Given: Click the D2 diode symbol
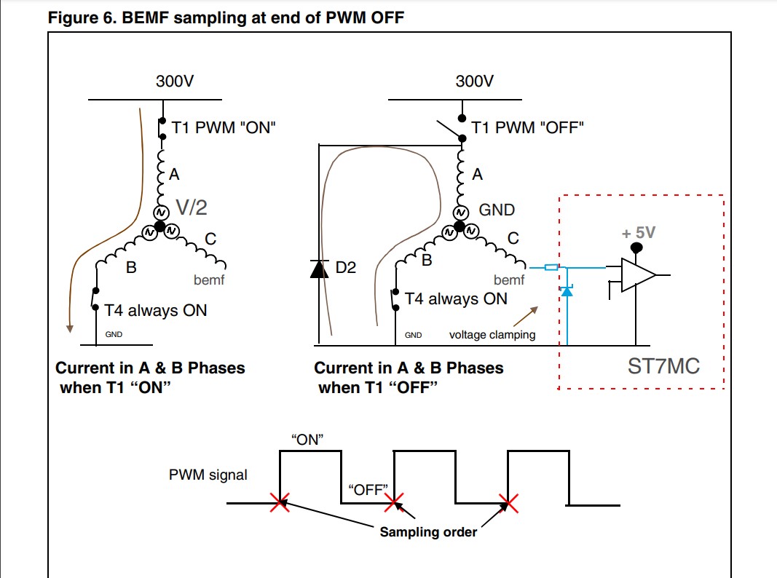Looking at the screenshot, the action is point(319,269).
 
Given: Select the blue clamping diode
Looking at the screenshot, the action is point(567,290).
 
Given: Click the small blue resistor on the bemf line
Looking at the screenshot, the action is point(551,267).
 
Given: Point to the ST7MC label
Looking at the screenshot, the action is point(663,366).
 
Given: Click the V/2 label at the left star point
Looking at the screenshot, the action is point(192,207).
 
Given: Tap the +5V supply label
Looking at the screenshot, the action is point(638,232).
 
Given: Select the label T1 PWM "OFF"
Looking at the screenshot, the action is point(527,127).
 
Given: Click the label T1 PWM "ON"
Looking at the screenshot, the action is point(223,127).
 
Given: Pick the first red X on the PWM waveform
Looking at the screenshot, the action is point(280,503).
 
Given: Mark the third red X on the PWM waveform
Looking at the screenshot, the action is point(508,503).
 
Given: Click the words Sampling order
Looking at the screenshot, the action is point(428,532).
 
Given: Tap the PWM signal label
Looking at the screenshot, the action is point(208,475).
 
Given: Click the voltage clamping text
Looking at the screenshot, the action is point(492,335).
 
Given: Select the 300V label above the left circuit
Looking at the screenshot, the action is point(175,81).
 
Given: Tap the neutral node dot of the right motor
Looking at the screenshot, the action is point(460,226).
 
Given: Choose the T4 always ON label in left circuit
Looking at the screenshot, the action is point(156,311).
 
